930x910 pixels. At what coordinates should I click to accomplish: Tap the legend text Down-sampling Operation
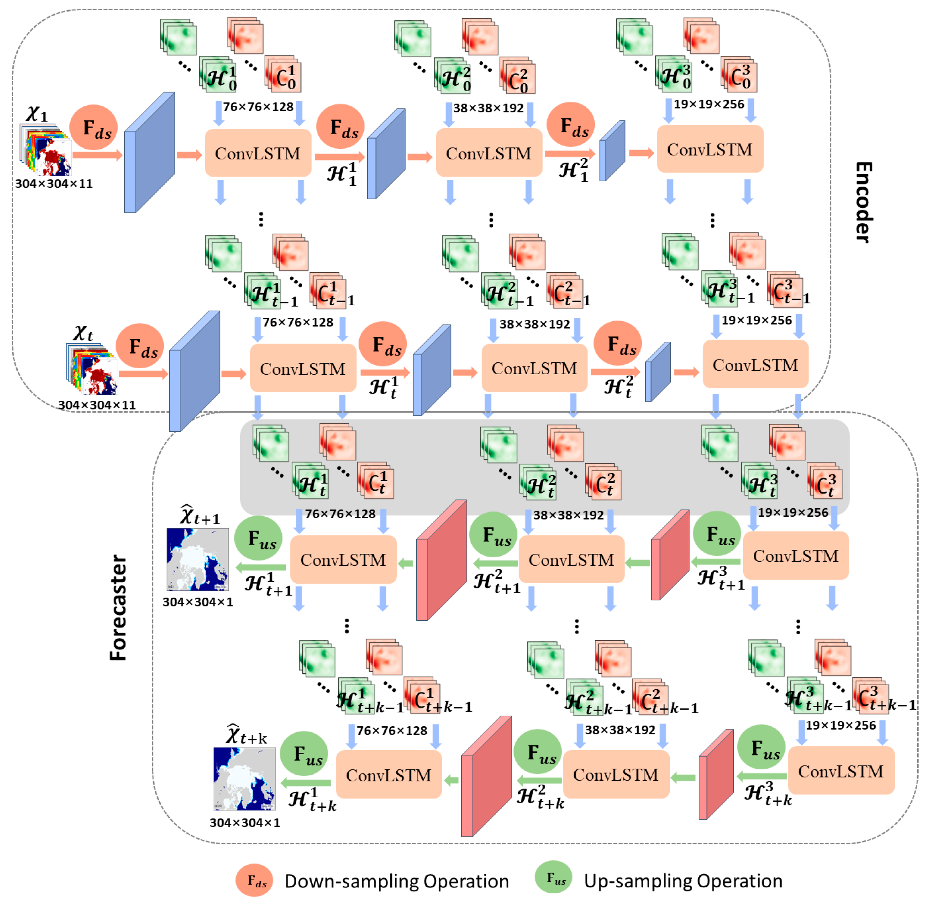[x=396, y=881]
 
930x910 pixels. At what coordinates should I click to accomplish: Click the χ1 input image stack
[x=45, y=149]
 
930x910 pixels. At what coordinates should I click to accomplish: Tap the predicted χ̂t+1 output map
[x=197, y=559]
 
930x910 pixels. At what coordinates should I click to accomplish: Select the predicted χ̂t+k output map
[x=244, y=779]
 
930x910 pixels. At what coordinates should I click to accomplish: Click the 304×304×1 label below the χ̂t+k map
[x=244, y=823]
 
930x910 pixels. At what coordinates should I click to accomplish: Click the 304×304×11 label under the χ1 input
[x=53, y=183]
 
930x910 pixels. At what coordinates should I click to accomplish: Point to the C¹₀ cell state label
[x=286, y=76]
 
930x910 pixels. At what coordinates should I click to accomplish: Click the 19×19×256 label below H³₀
[x=709, y=104]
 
